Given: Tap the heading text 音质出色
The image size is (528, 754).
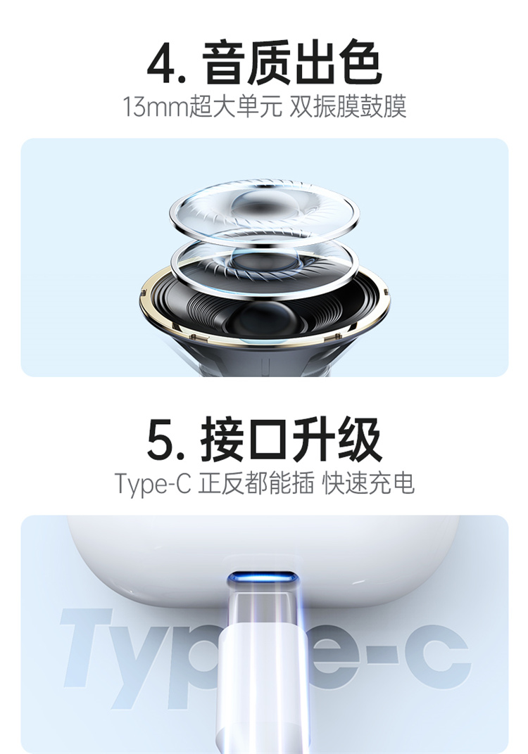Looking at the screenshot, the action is pyautogui.click(x=291, y=63).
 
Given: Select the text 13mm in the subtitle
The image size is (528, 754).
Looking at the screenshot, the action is pyautogui.click(x=155, y=107).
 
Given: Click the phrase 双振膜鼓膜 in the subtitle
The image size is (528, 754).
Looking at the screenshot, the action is pyautogui.click(x=348, y=106).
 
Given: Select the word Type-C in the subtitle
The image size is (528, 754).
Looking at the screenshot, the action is pyautogui.click(x=153, y=484).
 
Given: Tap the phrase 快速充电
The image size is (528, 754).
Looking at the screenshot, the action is pyautogui.click(x=368, y=483).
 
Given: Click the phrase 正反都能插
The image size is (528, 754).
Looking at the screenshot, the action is pyautogui.click(x=256, y=483).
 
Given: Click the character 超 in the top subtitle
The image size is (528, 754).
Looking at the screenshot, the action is pyautogui.click(x=200, y=106).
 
